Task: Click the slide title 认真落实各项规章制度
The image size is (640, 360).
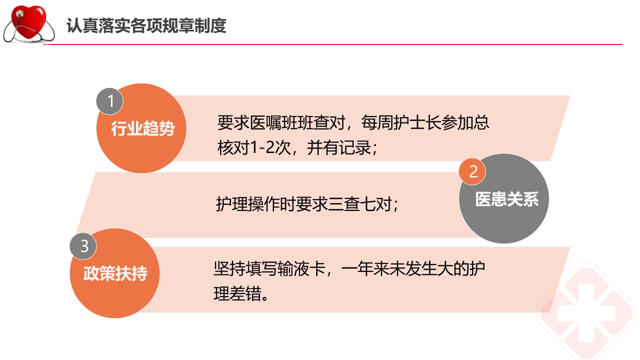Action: point(146,25)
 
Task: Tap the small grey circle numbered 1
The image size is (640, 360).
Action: point(110,101)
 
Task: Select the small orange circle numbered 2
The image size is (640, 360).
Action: point(473,171)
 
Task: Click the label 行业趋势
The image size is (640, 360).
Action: point(142,129)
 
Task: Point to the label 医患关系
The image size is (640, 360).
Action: point(506,199)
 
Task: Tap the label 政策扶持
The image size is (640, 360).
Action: point(115,274)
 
